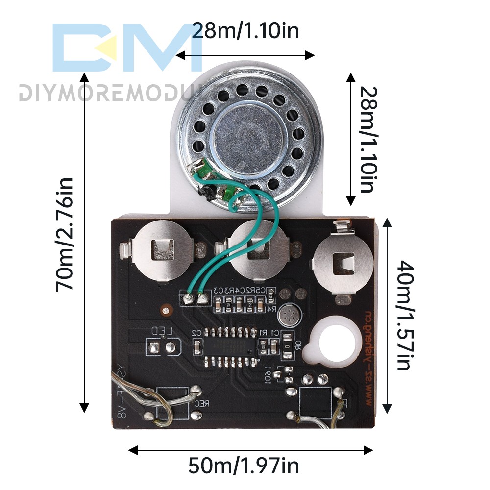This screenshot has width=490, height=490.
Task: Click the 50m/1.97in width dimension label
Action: pyautogui.click(x=244, y=465)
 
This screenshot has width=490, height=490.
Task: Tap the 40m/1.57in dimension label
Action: pyautogui.click(x=404, y=316)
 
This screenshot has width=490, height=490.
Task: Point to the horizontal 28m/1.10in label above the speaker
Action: pyautogui.click(x=245, y=31)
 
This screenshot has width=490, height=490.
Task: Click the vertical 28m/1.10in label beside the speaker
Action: pyautogui.click(x=369, y=140)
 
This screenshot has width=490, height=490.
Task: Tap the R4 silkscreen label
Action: pyautogui.click(x=273, y=309)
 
